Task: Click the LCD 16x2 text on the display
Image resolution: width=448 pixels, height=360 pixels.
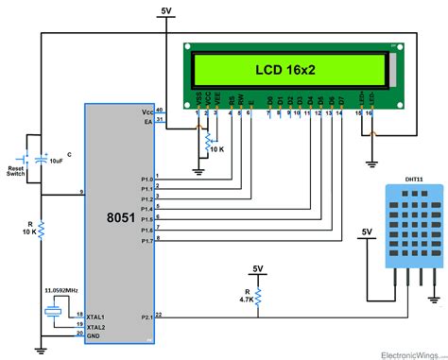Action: [285, 69]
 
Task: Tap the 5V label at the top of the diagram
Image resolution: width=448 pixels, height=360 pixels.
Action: [166, 10]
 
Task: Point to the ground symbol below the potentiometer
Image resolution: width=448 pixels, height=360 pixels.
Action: [198, 171]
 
